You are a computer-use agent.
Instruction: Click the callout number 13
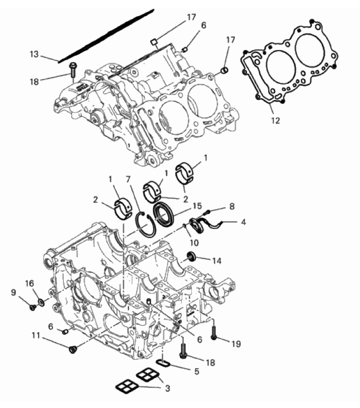click(34, 55)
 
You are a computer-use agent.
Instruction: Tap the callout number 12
click(275, 121)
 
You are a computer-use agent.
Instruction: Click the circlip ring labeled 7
click(138, 224)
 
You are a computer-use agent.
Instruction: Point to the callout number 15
click(197, 206)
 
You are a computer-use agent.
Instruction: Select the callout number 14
click(217, 261)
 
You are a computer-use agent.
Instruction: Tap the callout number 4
click(244, 222)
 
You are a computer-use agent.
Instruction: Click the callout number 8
click(232, 207)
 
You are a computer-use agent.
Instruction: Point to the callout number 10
click(194, 243)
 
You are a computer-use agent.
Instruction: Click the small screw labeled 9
click(33, 308)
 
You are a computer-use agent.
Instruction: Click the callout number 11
click(36, 336)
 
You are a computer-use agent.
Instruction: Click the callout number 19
click(236, 344)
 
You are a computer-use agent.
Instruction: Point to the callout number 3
click(168, 388)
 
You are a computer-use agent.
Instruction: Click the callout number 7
click(128, 179)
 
